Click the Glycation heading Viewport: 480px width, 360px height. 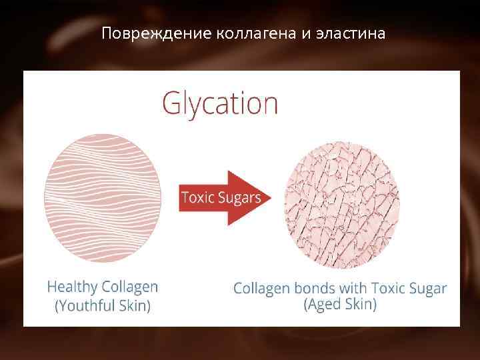[x=220, y=105]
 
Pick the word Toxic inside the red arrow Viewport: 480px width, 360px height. [x=197, y=198]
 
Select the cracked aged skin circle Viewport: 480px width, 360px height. [x=342, y=201]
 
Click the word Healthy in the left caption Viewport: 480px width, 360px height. [x=71, y=287]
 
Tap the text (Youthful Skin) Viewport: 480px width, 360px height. [x=103, y=306]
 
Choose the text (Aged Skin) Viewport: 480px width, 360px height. [x=340, y=305]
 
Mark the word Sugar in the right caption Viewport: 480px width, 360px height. [x=427, y=289]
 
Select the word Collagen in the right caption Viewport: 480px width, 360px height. [x=261, y=289]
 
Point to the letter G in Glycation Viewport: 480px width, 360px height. [x=172, y=105]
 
